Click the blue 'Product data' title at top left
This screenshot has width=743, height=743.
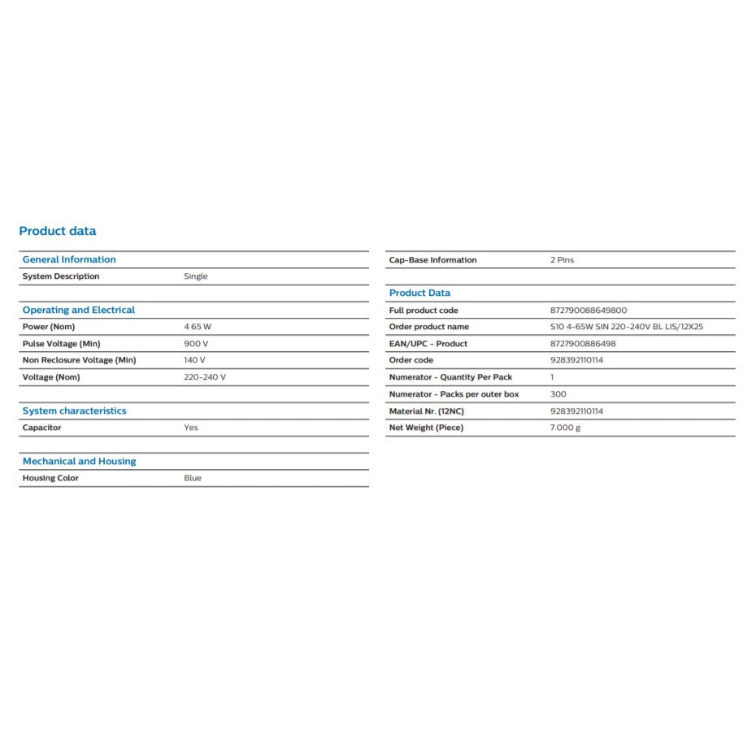pos(57,231)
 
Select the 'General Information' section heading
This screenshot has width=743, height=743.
pos(69,259)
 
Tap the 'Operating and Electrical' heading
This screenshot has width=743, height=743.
pos(79,310)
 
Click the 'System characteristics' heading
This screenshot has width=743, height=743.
pos(75,411)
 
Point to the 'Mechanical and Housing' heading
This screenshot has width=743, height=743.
pos(80,461)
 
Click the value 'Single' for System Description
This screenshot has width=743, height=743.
pos(196,276)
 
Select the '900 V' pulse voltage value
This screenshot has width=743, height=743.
pos(196,343)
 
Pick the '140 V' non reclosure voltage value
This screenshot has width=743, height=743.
pos(195,360)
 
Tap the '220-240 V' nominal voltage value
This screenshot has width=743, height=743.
pos(205,377)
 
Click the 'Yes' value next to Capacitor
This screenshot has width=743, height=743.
pos(191,428)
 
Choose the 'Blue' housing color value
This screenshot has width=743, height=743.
pos(193,478)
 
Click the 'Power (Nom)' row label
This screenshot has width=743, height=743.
pos(49,327)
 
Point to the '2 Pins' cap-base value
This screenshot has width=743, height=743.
pos(562,260)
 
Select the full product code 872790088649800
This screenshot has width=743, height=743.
pos(589,311)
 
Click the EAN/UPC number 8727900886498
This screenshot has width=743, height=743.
pos(583,344)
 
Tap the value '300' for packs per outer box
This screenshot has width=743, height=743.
pos(558,394)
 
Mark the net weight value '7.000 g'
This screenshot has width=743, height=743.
pos(566,428)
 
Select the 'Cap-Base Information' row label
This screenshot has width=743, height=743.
pos(433,260)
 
